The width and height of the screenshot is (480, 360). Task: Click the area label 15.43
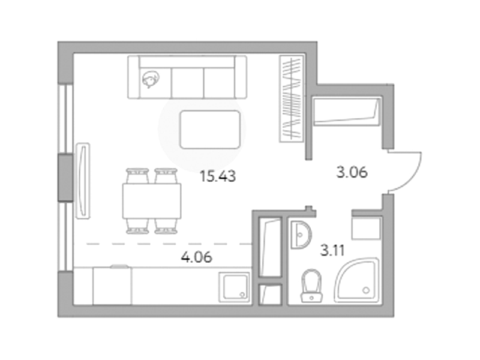[218, 176]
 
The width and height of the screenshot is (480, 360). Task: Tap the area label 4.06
[196, 257]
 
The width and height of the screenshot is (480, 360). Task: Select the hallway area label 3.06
[352, 172]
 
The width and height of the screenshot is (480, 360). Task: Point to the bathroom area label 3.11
[332, 250]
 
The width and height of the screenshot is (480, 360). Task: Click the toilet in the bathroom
[311, 286]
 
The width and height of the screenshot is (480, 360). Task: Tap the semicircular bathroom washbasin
[301, 235]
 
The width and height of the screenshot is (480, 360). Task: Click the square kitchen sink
[234, 287]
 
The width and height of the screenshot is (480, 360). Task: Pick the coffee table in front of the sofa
[210, 130]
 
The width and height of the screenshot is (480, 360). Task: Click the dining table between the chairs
[152, 201]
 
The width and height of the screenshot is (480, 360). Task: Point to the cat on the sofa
[151, 79]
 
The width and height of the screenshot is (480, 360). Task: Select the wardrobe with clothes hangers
[292, 98]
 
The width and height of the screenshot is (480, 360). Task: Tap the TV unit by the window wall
[83, 181]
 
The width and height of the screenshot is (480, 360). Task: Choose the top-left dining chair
[137, 176]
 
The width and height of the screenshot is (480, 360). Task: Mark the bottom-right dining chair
[166, 227]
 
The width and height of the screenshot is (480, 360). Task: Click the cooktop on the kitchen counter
[112, 286]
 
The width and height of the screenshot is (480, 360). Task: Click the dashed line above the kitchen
[169, 244]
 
